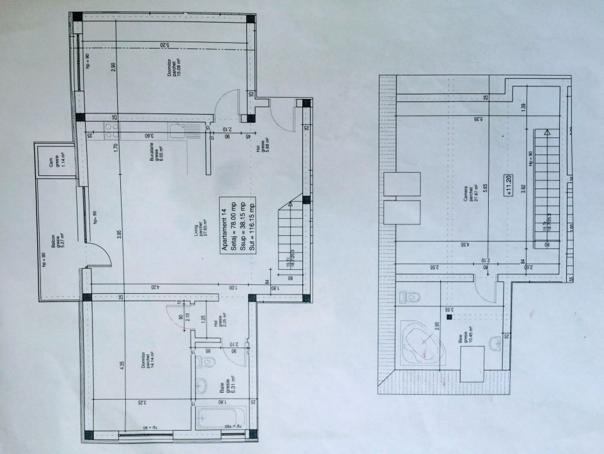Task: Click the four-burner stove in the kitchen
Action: (111, 131)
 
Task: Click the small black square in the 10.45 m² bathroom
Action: (448, 318)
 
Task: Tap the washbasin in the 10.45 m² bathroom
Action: (498, 343)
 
